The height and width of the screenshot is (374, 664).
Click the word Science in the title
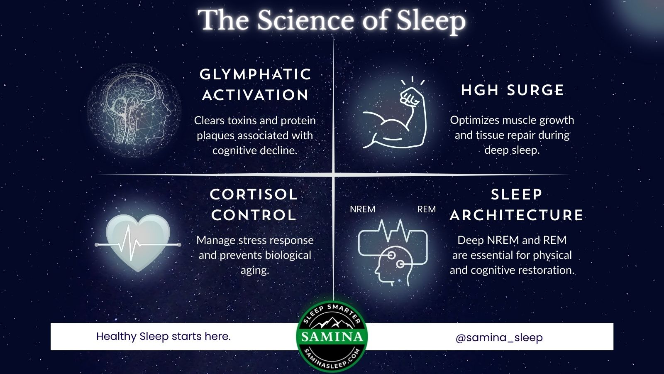click(x=305, y=20)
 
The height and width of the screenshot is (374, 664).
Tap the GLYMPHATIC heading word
click(x=256, y=74)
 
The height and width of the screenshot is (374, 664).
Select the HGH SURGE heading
click(x=513, y=90)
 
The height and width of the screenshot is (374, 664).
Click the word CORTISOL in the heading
click(x=254, y=194)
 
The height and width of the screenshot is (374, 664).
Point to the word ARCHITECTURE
click(x=516, y=215)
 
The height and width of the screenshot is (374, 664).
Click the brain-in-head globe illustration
click(x=134, y=110)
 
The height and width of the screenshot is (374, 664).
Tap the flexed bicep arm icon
click(x=395, y=112)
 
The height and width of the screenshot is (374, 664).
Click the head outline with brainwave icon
click(x=393, y=253)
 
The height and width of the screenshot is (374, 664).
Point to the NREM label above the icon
click(x=363, y=209)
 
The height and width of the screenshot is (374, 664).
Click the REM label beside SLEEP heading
click(x=427, y=209)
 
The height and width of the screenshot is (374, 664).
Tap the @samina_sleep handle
click(x=499, y=337)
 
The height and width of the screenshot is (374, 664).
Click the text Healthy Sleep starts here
click(x=164, y=336)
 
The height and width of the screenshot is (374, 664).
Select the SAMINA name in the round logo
click(x=332, y=337)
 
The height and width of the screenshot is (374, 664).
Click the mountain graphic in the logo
click(x=332, y=322)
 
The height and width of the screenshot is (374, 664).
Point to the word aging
click(x=255, y=271)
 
